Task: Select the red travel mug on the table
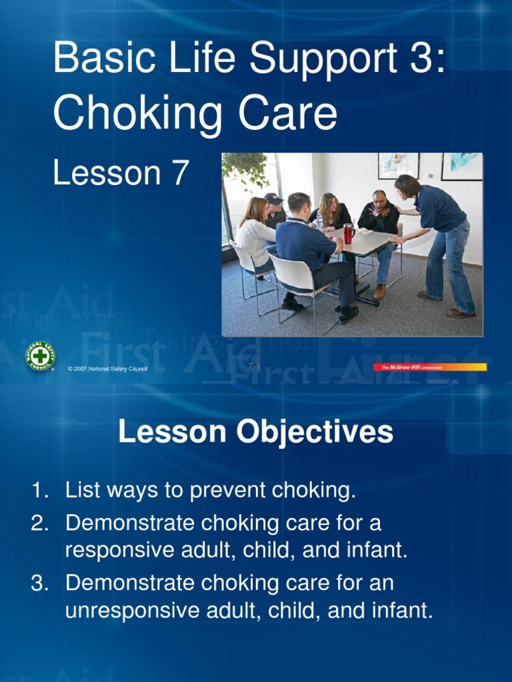coord(347,233)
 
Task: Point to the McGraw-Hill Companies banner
coord(430,367)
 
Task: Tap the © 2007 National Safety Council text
coord(107,369)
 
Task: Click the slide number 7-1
coord(253,366)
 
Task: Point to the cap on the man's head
coord(273,198)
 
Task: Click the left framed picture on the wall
coord(398,165)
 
